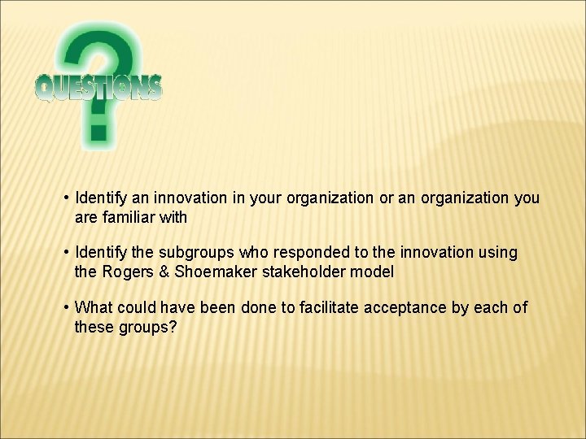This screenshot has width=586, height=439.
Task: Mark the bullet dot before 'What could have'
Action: pyautogui.click(x=65, y=307)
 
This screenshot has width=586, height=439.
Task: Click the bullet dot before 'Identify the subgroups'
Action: pyautogui.click(x=65, y=253)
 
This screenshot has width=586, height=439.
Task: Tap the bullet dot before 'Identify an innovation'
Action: pyautogui.click(x=65, y=198)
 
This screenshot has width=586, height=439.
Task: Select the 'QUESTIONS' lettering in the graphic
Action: pyautogui.click(x=98, y=87)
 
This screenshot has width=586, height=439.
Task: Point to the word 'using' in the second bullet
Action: pyautogui.click(x=499, y=253)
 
